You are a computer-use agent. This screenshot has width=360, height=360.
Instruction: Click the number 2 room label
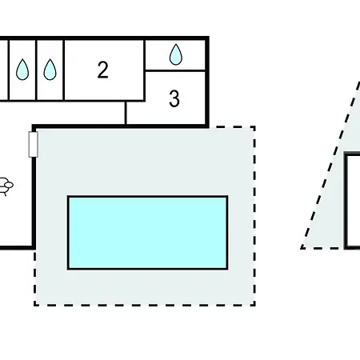(102, 70)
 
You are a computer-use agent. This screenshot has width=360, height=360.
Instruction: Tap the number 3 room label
(174, 99)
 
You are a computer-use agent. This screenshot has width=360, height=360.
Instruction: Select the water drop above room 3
(176, 54)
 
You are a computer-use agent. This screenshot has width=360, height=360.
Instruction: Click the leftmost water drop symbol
(22, 70)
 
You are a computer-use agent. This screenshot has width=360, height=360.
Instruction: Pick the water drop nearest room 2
(50, 70)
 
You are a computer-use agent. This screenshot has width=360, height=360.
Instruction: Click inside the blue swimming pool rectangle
(147, 232)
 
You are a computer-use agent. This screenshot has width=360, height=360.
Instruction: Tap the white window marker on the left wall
(33, 145)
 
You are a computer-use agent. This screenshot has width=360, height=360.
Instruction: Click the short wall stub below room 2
(126, 113)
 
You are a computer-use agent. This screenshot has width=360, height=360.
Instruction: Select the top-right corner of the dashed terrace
(254, 126)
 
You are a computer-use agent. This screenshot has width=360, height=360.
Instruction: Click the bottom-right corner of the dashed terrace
(254, 305)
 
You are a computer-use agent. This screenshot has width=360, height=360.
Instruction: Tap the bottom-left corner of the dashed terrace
(34, 305)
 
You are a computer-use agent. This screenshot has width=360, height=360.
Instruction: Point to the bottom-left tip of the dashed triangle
(302, 247)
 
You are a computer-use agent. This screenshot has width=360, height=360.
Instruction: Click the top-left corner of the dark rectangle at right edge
(346, 155)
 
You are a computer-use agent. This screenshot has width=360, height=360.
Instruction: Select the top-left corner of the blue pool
(68, 197)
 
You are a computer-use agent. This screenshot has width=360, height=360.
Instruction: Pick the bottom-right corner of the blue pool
(227, 268)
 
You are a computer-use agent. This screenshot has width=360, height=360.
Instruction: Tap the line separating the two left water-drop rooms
(37, 70)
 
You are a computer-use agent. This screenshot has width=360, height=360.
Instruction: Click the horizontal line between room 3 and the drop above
(176, 70)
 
